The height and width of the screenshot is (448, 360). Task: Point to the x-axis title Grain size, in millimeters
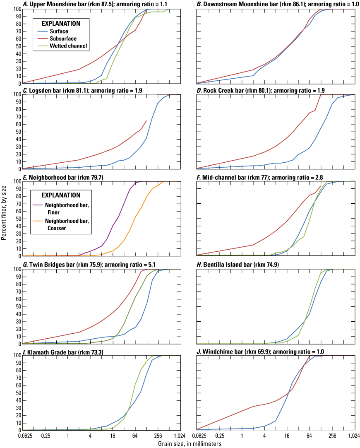190,444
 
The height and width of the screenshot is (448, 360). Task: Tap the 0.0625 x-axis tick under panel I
23,436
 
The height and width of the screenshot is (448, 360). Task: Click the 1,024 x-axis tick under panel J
354,436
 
